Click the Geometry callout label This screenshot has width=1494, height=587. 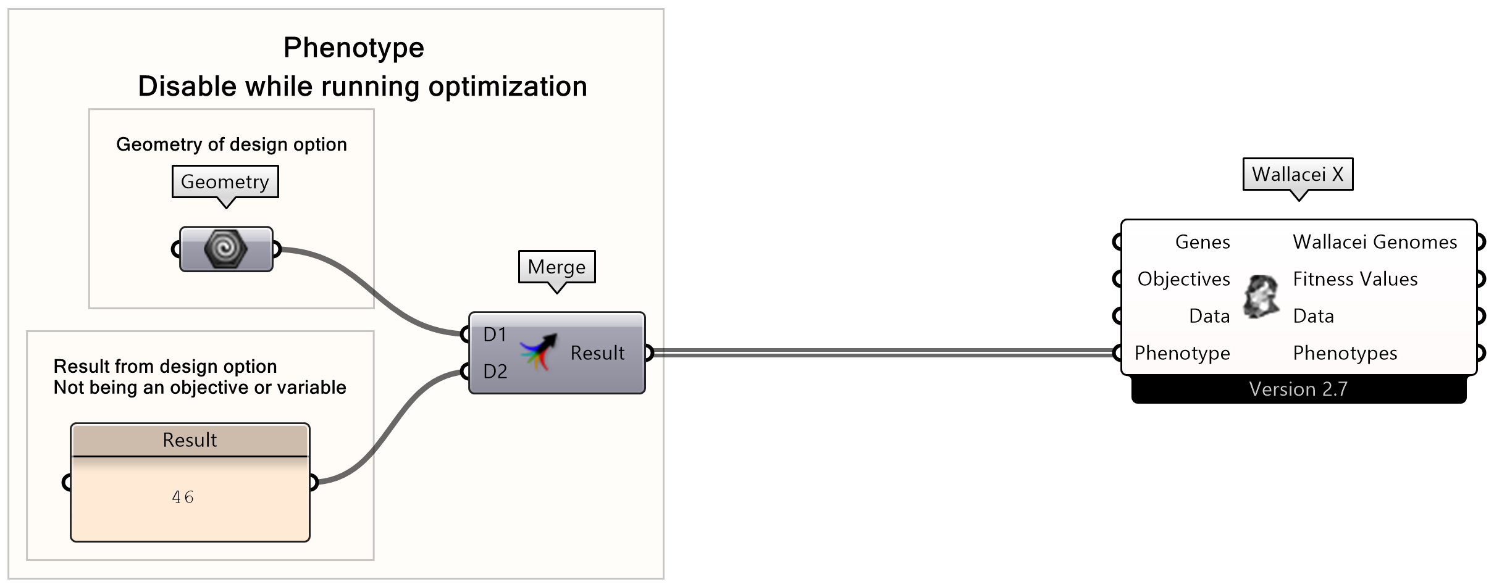(225, 182)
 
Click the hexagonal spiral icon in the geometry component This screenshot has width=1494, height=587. (225, 249)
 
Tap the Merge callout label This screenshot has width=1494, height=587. (556, 267)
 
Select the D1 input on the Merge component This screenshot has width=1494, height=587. (494, 335)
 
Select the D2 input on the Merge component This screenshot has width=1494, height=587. (494, 372)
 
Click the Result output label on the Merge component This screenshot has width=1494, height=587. (597, 353)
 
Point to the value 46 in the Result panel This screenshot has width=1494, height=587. (183, 497)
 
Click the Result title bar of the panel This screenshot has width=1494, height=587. (190, 440)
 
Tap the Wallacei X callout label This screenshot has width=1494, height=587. (1298, 175)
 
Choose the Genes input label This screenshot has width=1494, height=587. (1202, 242)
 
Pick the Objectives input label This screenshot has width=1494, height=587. (1183, 279)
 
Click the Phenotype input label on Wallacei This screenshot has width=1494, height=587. (1181, 353)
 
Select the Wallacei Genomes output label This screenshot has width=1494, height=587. (1375, 242)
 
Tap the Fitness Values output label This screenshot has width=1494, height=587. (1355, 279)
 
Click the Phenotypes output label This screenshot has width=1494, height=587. (1345, 353)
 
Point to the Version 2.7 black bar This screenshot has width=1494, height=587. (1298, 389)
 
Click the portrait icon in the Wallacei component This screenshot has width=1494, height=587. (1261, 297)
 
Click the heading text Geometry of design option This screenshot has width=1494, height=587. (232, 144)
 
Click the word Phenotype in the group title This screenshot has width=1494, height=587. (353, 48)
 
